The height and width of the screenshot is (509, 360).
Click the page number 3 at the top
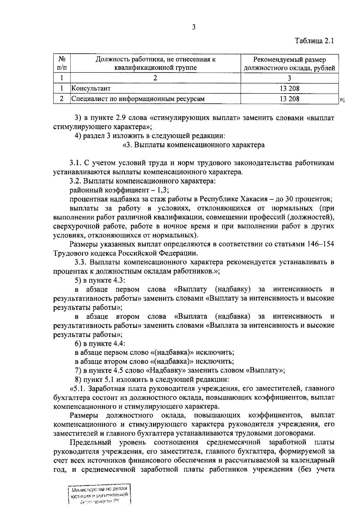(x=193, y=27)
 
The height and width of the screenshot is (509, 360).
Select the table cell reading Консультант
(x=91, y=88)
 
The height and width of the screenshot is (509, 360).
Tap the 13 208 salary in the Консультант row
(x=289, y=88)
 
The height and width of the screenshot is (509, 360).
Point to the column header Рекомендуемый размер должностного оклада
(x=289, y=64)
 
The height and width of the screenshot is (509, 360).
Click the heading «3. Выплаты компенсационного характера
(x=193, y=145)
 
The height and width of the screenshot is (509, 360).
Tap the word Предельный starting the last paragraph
(x=90, y=442)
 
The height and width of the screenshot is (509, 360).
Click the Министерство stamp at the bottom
(x=100, y=494)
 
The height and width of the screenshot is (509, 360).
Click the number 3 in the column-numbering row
(x=289, y=78)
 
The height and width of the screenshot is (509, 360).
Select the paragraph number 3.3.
(x=81, y=262)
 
